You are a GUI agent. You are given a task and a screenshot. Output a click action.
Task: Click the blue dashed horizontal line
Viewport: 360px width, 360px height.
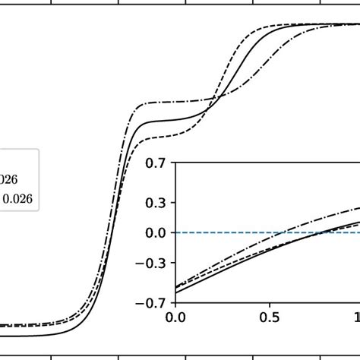point(228,232)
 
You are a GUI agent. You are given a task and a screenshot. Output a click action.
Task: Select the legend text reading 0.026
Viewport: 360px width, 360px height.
point(23,199)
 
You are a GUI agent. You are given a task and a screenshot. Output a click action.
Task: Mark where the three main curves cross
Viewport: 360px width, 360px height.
point(215,99)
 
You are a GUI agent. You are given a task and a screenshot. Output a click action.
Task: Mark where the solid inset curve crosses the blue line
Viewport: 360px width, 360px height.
point(323,232)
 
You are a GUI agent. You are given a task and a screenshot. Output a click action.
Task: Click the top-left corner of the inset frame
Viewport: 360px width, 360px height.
point(175,162)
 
